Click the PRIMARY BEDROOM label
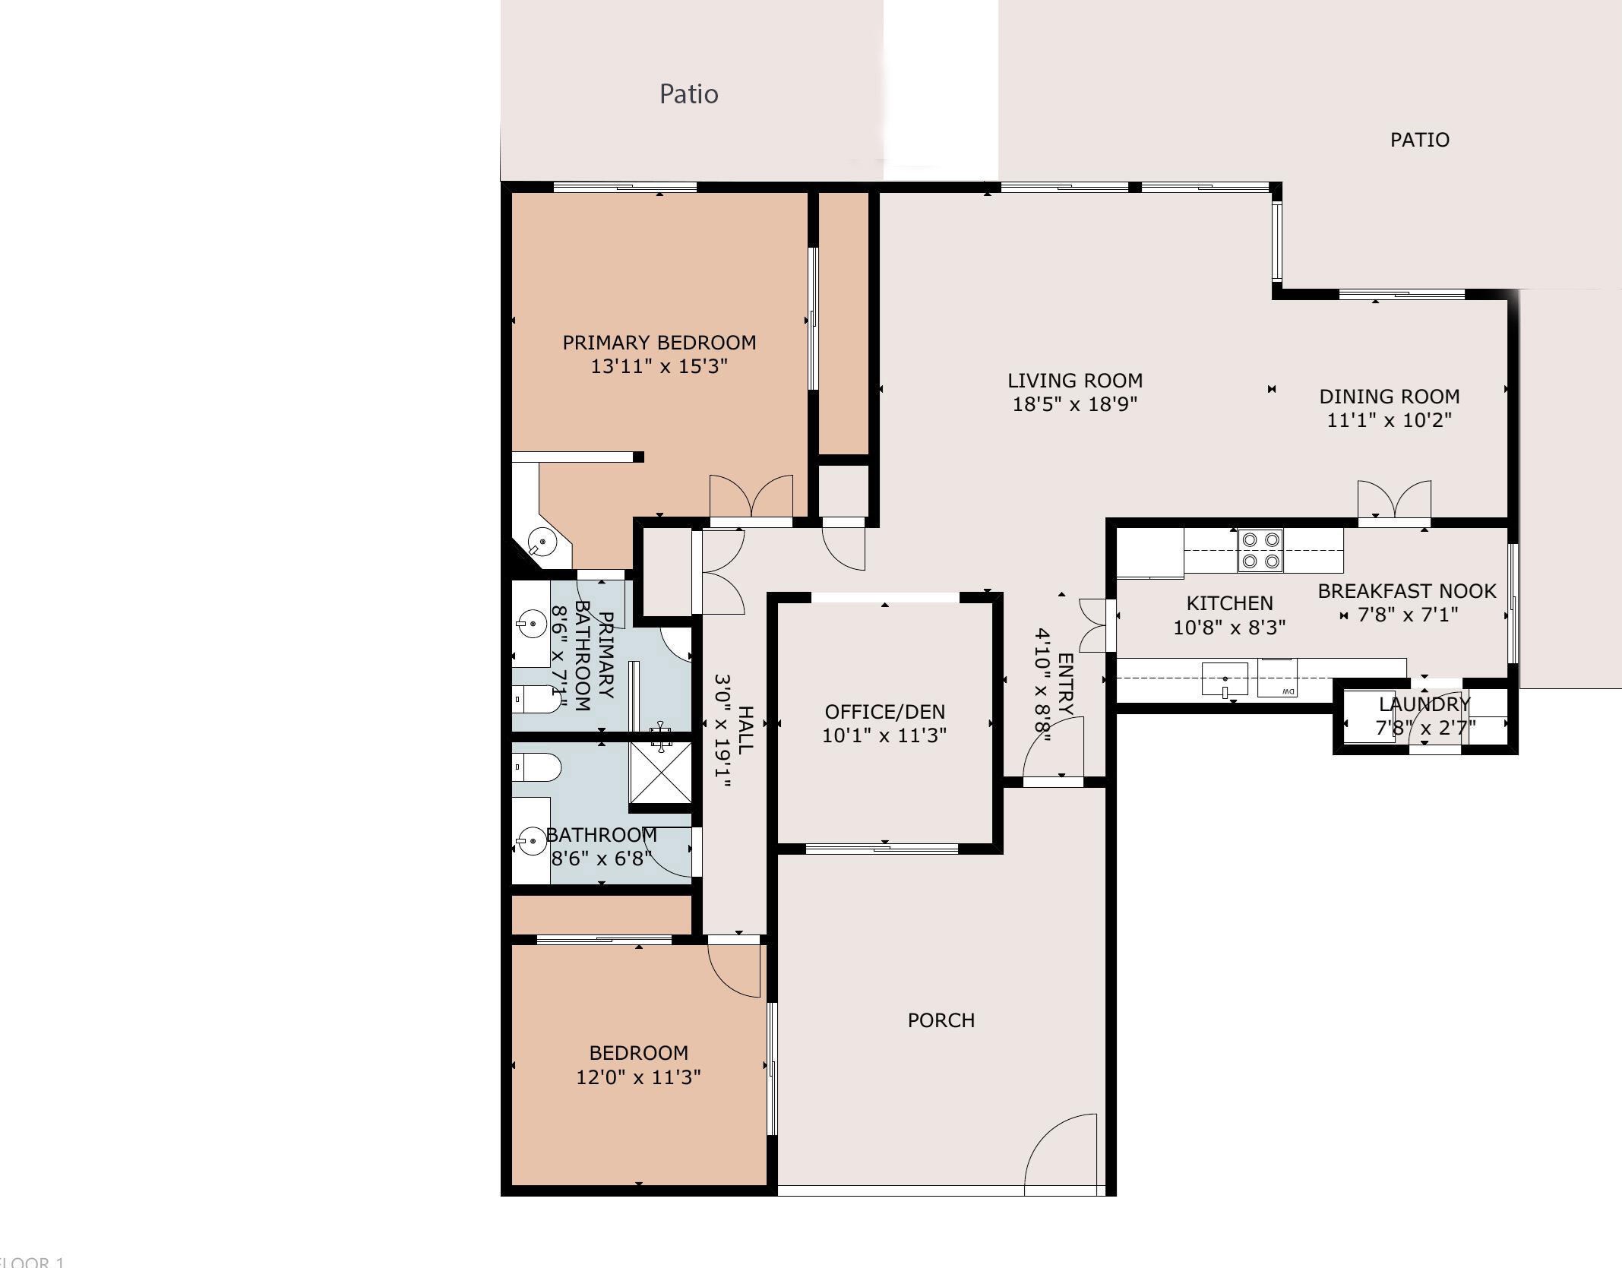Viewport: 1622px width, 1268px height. pyautogui.click(x=659, y=343)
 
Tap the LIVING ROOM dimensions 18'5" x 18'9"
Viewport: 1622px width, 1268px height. pyautogui.click(x=1074, y=404)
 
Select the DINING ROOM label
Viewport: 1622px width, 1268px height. pyautogui.click(x=1389, y=397)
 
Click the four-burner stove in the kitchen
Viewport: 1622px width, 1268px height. pyautogui.click(x=1260, y=551)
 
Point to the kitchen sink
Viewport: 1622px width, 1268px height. pyautogui.click(x=1225, y=678)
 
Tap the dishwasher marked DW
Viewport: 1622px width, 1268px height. pyautogui.click(x=1277, y=678)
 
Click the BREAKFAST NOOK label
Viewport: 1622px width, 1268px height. pyautogui.click(x=1407, y=591)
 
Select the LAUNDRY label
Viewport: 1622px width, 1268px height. pyautogui.click(x=1424, y=704)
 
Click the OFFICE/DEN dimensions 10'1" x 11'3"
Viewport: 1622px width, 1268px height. pyautogui.click(x=884, y=735)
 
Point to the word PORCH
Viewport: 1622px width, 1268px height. pyautogui.click(x=941, y=1020)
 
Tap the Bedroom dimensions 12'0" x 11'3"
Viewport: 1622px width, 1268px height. pyautogui.click(x=638, y=1077)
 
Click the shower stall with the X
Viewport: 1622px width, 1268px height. pyautogui.click(x=661, y=772)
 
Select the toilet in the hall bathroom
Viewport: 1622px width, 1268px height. pyautogui.click(x=536, y=767)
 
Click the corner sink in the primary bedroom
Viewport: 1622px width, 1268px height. pyautogui.click(x=542, y=542)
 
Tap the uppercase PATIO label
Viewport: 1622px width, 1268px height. pyautogui.click(x=1419, y=140)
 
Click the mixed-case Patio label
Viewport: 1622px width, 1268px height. pyautogui.click(x=688, y=94)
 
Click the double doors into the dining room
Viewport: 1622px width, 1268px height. pyautogui.click(x=1394, y=499)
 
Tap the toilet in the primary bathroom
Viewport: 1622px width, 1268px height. pyautogui.click(x=536, y=699)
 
